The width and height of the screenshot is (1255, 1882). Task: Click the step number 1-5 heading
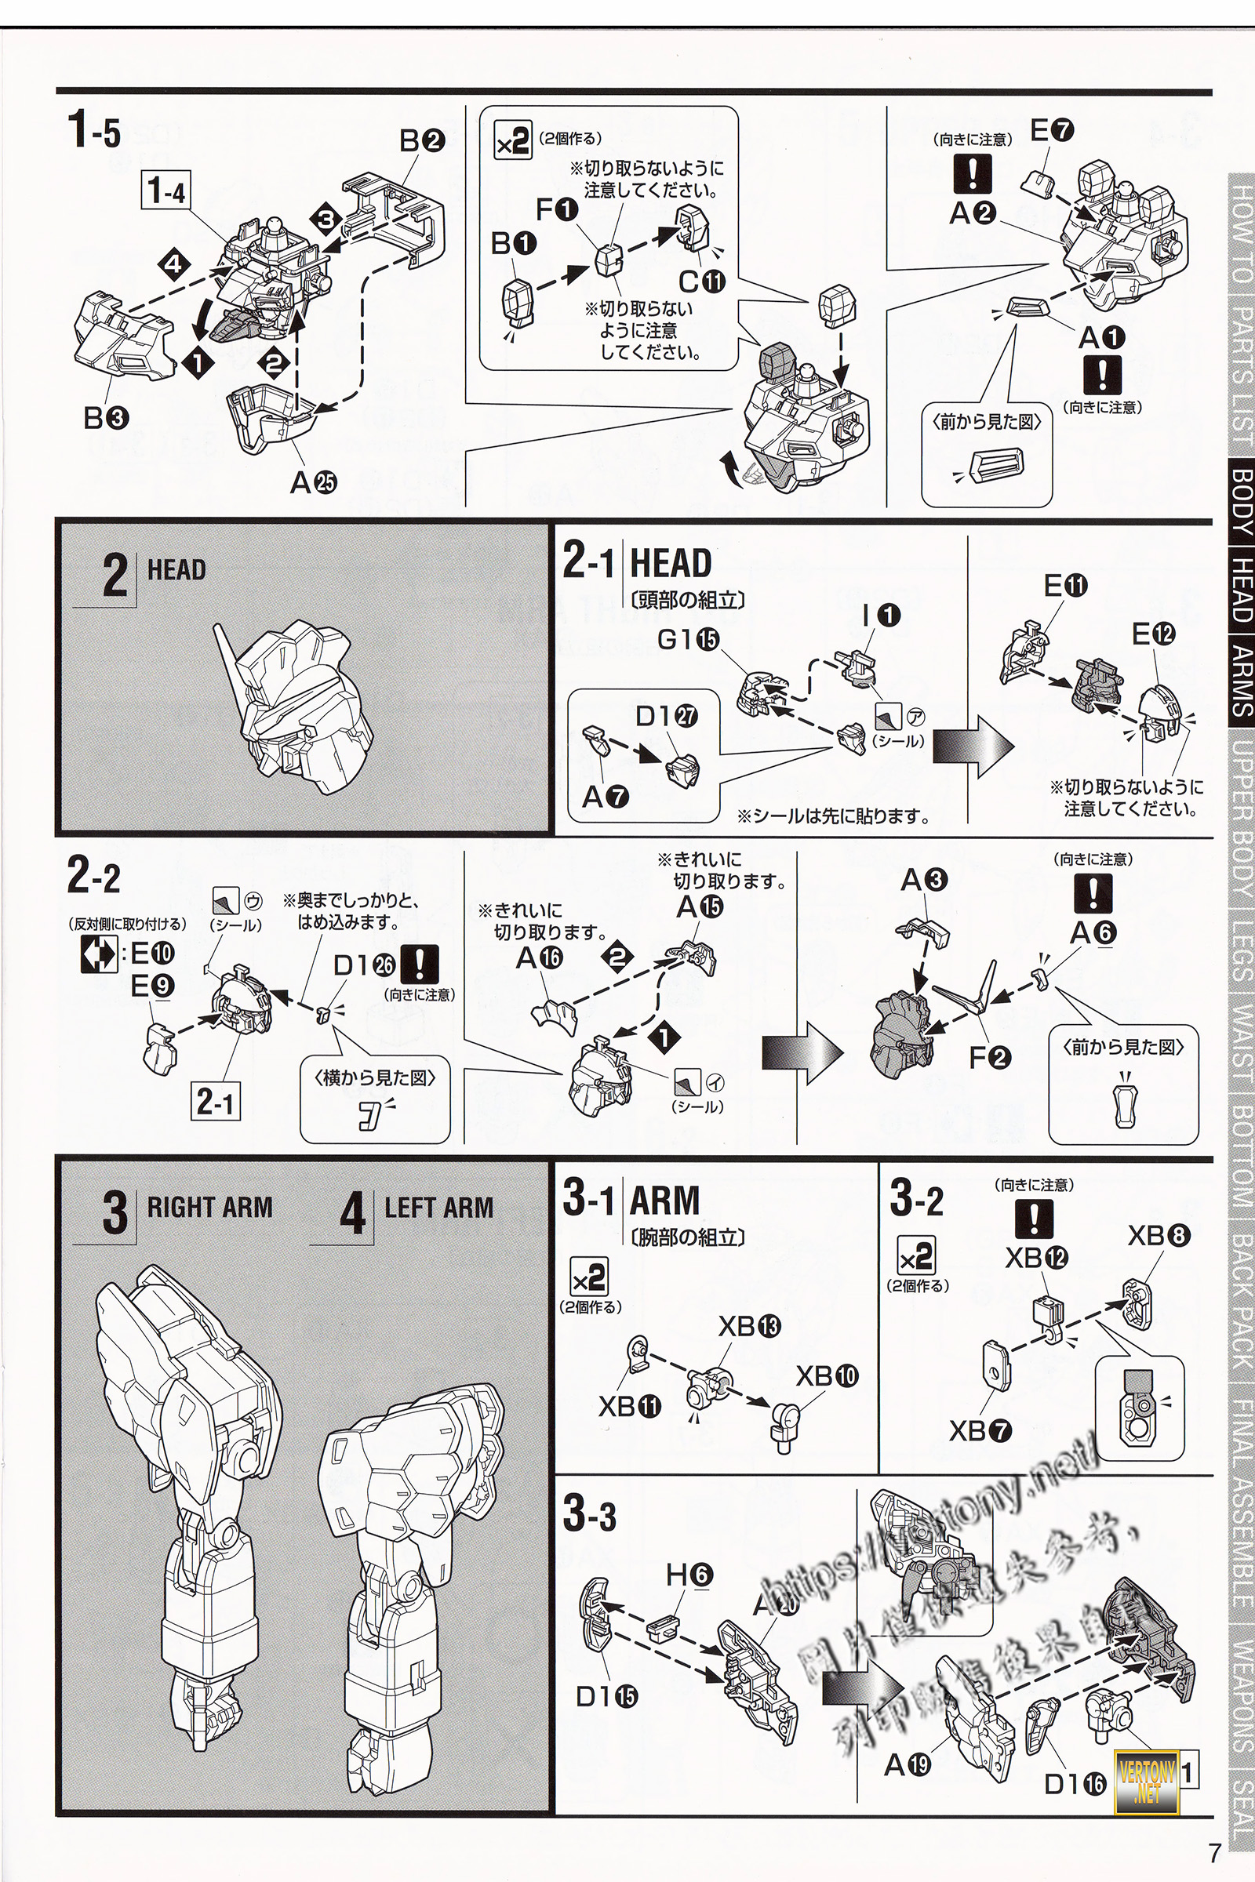[x=94, y=130]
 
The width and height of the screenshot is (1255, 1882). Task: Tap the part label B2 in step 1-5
[x=422, y=142]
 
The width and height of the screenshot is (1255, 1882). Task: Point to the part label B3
[x=105, y=417]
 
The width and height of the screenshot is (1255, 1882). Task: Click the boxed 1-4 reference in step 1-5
[x=166, y=192]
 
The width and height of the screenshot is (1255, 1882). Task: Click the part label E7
[x=1052, y=130]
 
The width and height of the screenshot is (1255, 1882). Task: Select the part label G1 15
[x=689, y=639]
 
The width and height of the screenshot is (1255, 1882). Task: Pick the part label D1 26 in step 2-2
[x=364, y=965]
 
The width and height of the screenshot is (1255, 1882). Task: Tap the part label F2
[x=990, y=1058]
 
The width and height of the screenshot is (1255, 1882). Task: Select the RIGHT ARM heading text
[x=209, y=1207]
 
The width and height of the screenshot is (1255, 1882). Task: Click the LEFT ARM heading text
[x=438, y=1208]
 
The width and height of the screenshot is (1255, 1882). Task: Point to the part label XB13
[x=749, y=1326]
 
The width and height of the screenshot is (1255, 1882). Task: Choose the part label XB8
[x=1159, y=1237]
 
